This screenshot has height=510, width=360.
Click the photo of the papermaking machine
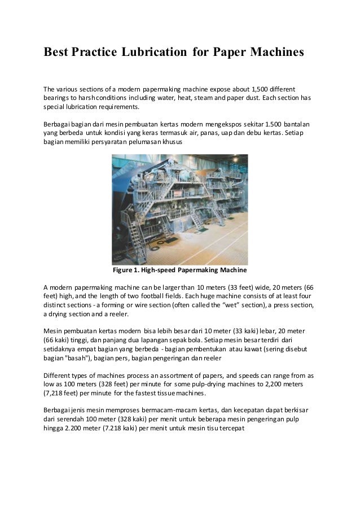coord(179,207)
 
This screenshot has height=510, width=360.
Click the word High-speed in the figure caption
coord(165,269)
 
